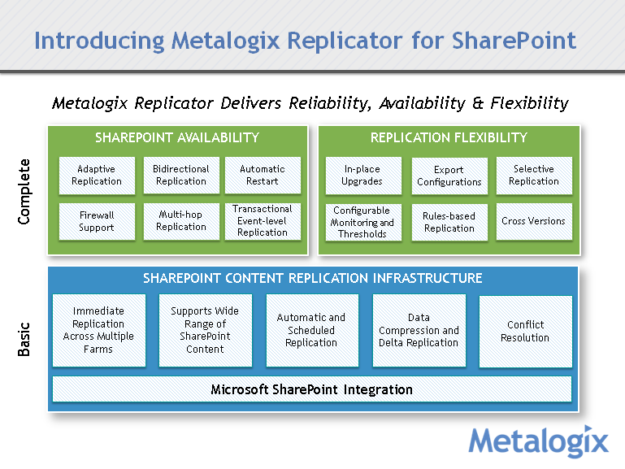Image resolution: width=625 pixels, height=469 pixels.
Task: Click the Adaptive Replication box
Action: tap(96, 176)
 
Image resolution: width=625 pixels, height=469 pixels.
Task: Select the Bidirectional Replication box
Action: tap(180, 176)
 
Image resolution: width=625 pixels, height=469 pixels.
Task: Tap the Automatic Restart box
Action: tap(262, 176)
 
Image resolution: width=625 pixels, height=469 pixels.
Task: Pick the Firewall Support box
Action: tap(96, 221)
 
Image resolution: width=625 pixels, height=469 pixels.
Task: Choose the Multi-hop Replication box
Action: tap(180, 221)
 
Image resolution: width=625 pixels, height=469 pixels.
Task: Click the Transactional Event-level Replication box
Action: tap(262, 221)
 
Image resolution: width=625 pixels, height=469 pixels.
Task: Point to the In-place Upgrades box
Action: tap(362, 176)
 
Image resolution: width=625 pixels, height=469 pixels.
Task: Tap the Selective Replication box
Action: tap(533, 176)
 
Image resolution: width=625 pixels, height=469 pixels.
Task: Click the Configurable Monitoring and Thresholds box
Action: tap(362, 222)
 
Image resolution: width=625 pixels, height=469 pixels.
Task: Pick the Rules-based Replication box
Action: tap(449, 222)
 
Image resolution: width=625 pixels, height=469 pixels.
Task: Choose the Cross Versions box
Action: tap(533, 221)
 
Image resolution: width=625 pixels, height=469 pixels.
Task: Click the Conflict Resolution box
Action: tap(524, 331)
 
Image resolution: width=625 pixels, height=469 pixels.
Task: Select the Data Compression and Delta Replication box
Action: tap(419, 330)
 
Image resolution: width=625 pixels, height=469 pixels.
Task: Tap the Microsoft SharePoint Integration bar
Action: tap(311, 389)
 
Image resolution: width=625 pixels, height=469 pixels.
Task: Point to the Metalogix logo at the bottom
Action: tap(538, 441)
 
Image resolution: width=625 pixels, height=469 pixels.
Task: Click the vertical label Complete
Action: tap(24, 192)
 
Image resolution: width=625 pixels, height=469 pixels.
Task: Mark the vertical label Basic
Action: tap(24, 340)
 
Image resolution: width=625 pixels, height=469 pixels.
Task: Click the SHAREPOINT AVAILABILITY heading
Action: tap(177, 137)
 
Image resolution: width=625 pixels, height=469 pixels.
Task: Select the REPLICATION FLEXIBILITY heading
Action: tap(449, 137)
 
